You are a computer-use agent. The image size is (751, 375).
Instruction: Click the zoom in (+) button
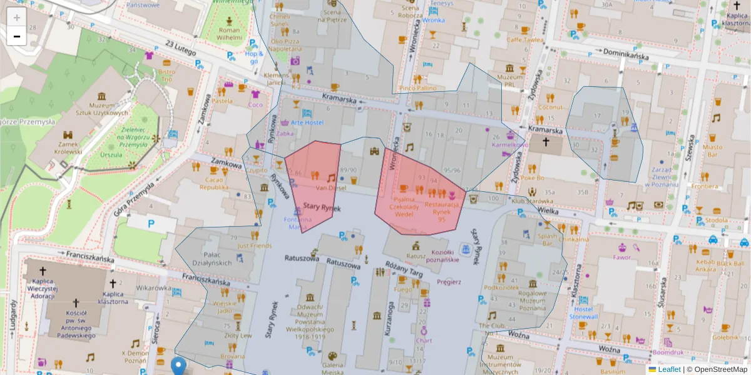17,17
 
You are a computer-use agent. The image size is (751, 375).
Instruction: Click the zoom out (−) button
17,36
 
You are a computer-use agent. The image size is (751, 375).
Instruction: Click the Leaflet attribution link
668,369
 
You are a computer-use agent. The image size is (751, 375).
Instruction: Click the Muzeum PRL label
509,80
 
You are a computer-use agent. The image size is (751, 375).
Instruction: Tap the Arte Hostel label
307,122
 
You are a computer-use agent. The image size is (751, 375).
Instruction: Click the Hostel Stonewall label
583,312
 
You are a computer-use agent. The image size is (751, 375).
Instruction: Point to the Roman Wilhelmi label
228,34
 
